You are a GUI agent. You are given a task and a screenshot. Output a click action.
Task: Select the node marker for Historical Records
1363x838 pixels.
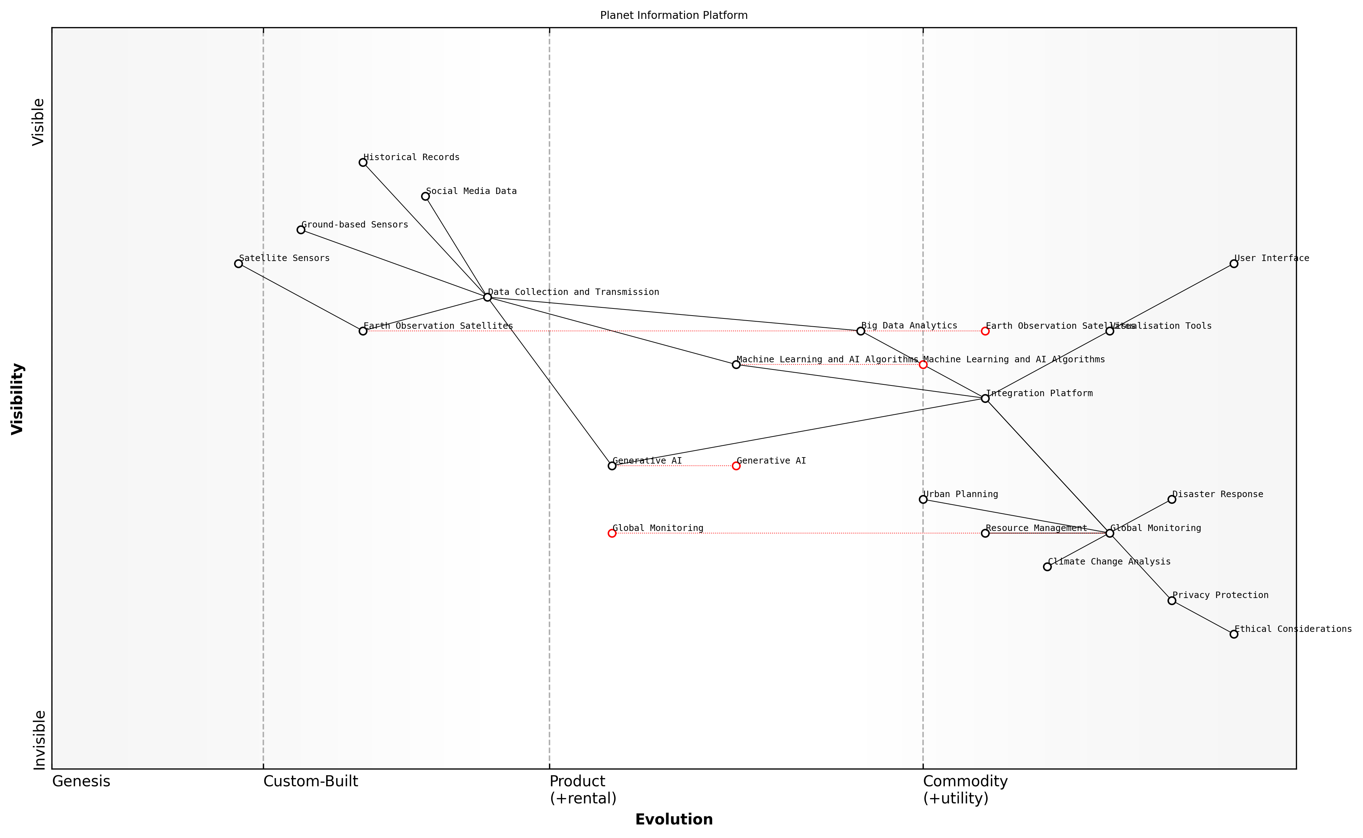[x=363, y=162]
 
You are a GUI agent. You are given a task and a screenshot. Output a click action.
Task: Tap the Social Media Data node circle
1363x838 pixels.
[x=425, y=196]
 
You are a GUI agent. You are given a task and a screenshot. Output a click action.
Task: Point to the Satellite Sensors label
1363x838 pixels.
[x=284, y=258]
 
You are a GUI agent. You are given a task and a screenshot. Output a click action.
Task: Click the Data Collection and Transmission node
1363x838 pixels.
[x=487, y=298]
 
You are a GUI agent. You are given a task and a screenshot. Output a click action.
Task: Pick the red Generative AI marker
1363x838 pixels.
[x=736, y=466]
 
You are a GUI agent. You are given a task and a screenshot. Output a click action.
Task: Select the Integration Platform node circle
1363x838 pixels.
[x=985, y=398]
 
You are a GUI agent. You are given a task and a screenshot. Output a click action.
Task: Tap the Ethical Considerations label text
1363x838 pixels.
[x=1293, y=629]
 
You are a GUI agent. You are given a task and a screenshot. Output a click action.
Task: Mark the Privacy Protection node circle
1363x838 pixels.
[x=1172, y=601]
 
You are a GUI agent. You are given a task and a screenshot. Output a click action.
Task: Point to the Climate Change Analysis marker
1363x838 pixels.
[x=1047, y=567]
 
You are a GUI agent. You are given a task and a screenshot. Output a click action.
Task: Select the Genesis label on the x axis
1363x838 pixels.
[x=81, y=781]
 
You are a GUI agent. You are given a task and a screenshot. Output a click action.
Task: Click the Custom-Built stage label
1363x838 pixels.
[x=310, y=781]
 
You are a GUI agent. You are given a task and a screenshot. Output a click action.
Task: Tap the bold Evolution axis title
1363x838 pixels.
[x=673, y=820]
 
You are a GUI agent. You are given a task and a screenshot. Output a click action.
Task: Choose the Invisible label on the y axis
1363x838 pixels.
[x=39, y=740]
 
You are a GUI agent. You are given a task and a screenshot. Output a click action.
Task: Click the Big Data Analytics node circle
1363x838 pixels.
[x=861, y=331]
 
